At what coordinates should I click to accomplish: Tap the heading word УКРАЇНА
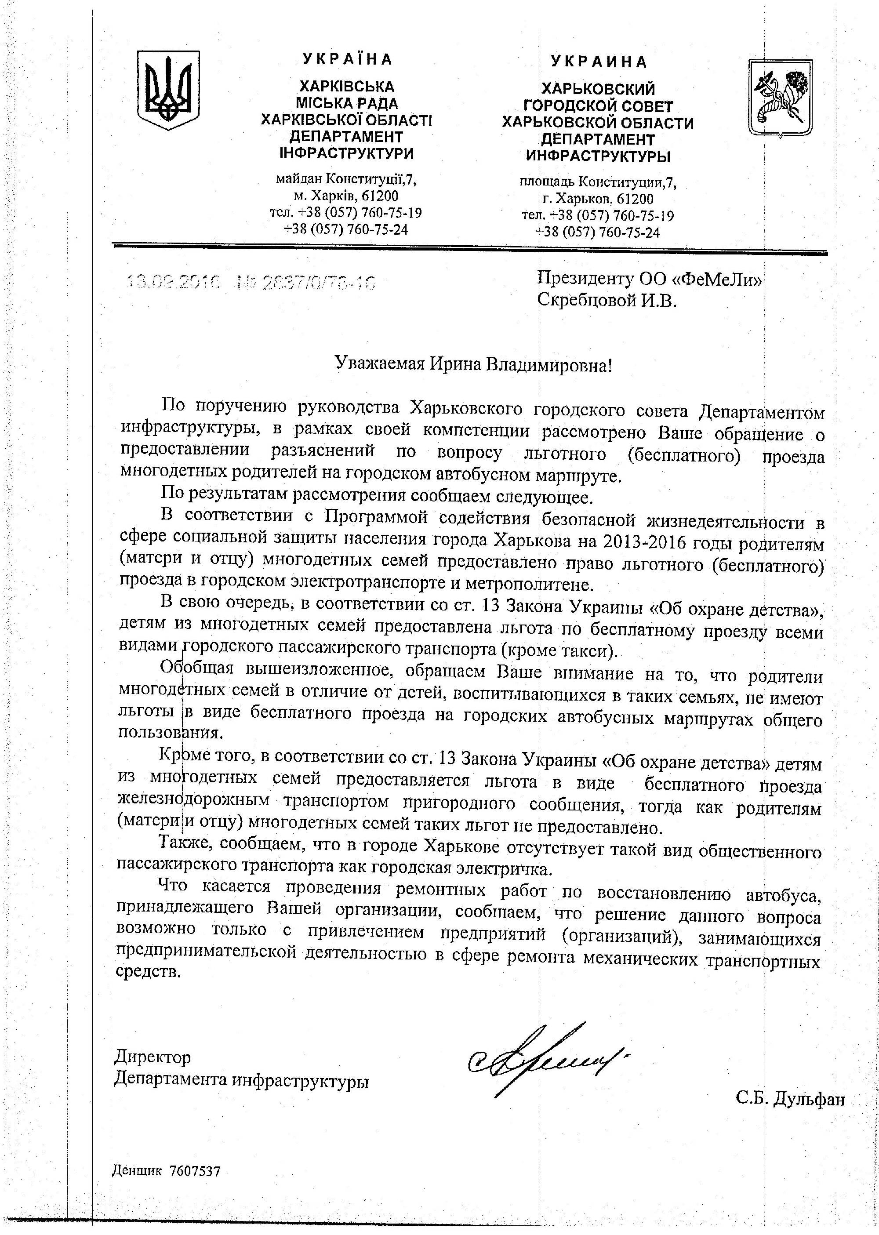point(347,59)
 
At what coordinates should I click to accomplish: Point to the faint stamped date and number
point(251,283)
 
